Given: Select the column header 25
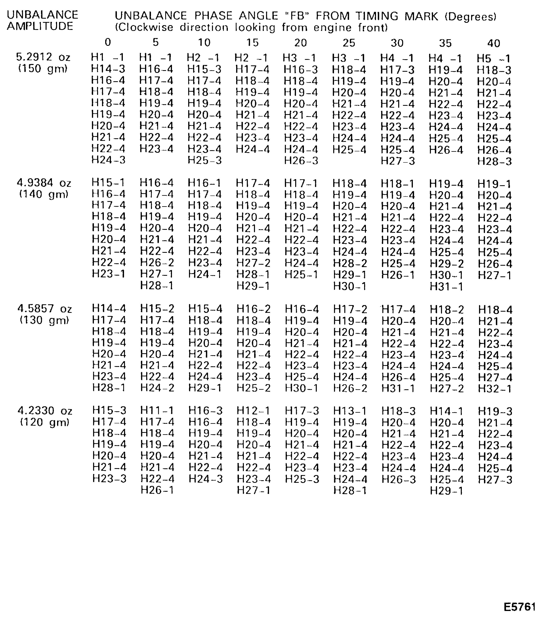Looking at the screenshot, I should click(x=349, y=43).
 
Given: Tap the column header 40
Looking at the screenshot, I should click(x=494, y=43).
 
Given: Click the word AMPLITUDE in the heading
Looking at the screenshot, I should click(x=40, y=27).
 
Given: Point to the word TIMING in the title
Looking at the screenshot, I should click(x=377, y=16).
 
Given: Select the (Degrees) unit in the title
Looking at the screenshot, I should click(x=471, y=16).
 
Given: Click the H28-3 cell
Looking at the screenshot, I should click(x=494, y=161).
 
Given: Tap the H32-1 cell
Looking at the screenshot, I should click(x=495, y=388).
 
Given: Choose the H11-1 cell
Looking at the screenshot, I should click(x=157, y=410).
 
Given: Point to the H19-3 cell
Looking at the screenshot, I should click(x=495, y=411).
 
